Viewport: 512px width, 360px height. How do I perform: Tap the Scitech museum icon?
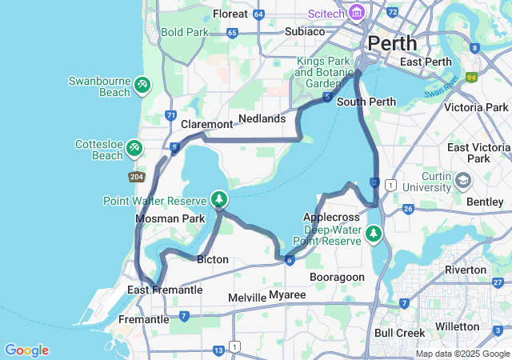pos(357,13)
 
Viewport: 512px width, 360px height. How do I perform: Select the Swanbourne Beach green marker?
pos(142,82)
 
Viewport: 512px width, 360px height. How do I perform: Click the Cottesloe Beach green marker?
pos(134,147)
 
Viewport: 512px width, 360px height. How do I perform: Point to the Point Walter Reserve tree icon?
pos(218,198)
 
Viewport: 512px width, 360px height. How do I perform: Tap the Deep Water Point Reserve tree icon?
pos(373,234)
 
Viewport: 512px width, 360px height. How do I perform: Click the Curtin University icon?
pos(462,181)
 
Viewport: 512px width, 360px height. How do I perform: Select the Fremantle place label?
pos(143,319)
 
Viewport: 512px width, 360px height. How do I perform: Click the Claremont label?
pos(206,124)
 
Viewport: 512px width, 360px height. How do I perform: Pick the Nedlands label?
pos(262,118)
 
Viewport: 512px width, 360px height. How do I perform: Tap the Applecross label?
pos(329,217)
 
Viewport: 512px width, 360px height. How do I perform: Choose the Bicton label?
pos(213,259)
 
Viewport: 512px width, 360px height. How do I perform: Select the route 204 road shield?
pos(135,176)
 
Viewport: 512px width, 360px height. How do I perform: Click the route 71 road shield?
pos(170,116)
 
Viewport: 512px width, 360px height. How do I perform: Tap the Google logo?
pos(26,350)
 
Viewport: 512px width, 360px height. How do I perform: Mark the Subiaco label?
pos(305,31)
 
